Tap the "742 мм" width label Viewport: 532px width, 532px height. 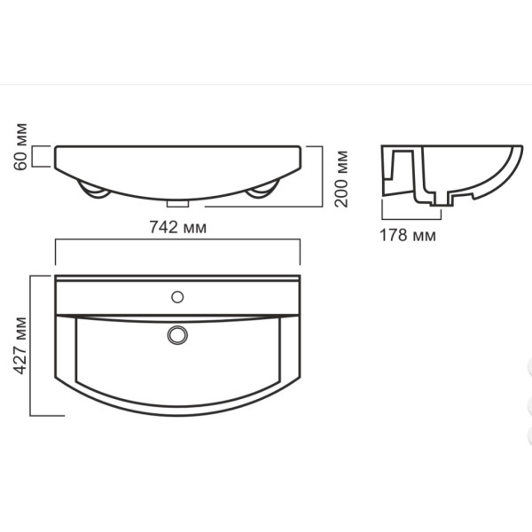click(178, 227)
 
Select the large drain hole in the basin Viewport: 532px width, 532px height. click(178, 335)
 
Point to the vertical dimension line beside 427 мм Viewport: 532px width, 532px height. click(32, 345)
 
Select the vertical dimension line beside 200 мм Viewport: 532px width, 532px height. click(321, 176)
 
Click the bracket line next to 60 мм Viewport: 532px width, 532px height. click(34, 157)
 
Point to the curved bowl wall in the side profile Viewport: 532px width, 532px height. click(501, 177)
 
